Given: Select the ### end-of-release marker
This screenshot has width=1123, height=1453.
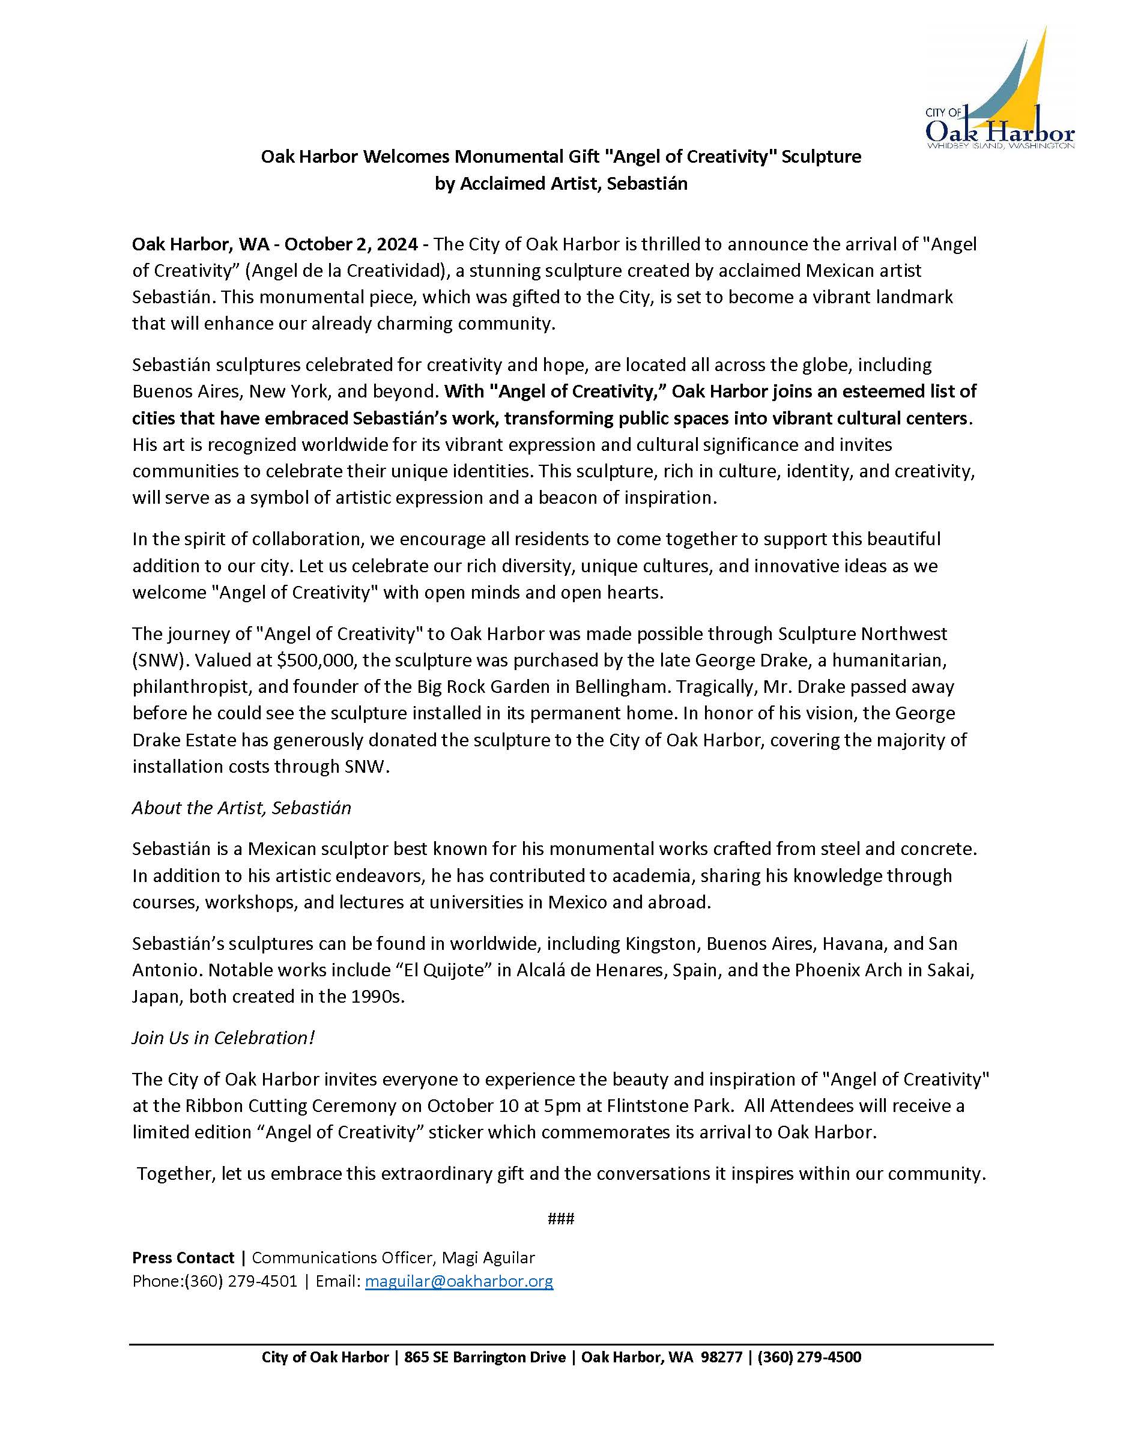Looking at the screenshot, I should pos(561,1218).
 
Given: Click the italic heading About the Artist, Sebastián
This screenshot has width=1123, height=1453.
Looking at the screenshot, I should pos(241,808).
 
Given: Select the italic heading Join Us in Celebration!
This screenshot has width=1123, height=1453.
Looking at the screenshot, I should pos(223,1038).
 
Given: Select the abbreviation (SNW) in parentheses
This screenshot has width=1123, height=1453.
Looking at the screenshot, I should pos(153,660).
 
